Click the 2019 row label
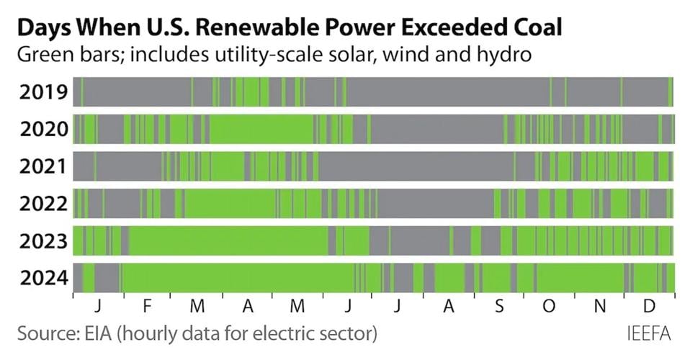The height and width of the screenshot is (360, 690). (44, 92)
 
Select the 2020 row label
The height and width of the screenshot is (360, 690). (44, 130)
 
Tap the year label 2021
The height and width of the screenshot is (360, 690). (44, 166)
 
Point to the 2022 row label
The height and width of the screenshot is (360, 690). (44, 204)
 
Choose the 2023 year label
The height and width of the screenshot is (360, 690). (44, 241)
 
